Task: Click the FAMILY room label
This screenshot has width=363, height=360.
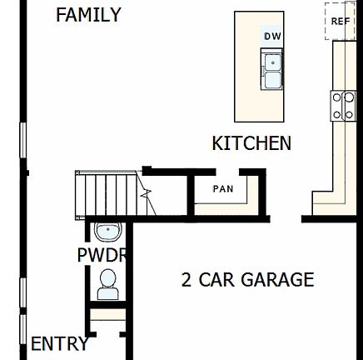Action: coord(87,15)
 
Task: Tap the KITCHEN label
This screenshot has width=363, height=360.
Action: coord(251,143)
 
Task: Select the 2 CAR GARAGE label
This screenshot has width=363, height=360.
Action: coord(247,280)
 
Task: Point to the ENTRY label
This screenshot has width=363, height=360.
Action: coord(59,343)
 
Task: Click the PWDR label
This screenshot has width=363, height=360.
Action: coord(102,256)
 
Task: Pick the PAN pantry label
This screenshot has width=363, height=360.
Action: coord(223,189)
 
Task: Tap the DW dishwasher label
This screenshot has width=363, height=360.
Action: coord(272,37)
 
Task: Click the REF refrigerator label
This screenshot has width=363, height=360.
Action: coord(341,22)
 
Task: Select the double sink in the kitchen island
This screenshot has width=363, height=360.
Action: coord(272,70)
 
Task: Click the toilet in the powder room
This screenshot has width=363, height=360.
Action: coord(108,285)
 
